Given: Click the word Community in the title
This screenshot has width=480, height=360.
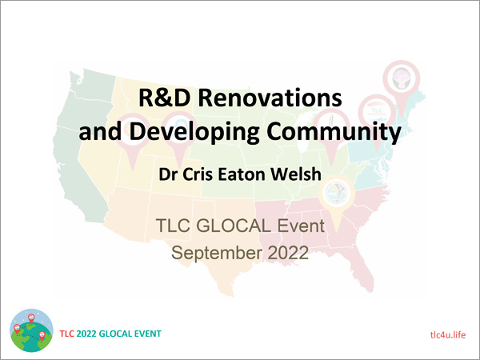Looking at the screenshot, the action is click(334, 132).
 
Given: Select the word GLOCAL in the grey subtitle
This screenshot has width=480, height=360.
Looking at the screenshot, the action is click(234, 226).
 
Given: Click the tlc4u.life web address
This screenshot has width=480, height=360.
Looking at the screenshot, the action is click(448, 334).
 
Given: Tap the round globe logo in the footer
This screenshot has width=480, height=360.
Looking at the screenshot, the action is click(31, 330).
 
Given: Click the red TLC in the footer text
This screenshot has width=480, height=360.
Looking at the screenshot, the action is click(66, 334).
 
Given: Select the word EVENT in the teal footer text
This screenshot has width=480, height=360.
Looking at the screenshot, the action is click(149, 334).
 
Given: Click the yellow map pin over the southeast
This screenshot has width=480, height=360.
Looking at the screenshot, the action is click(337, 203).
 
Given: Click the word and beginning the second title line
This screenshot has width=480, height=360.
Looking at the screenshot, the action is click(100, 132).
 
